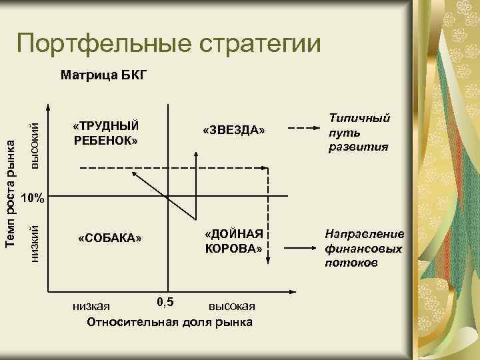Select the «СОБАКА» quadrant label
pos(110,238)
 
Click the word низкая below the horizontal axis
pos(91,307)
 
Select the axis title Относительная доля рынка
pos(169,323)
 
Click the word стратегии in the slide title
pos(257,44)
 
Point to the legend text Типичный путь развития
pos(359,132)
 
